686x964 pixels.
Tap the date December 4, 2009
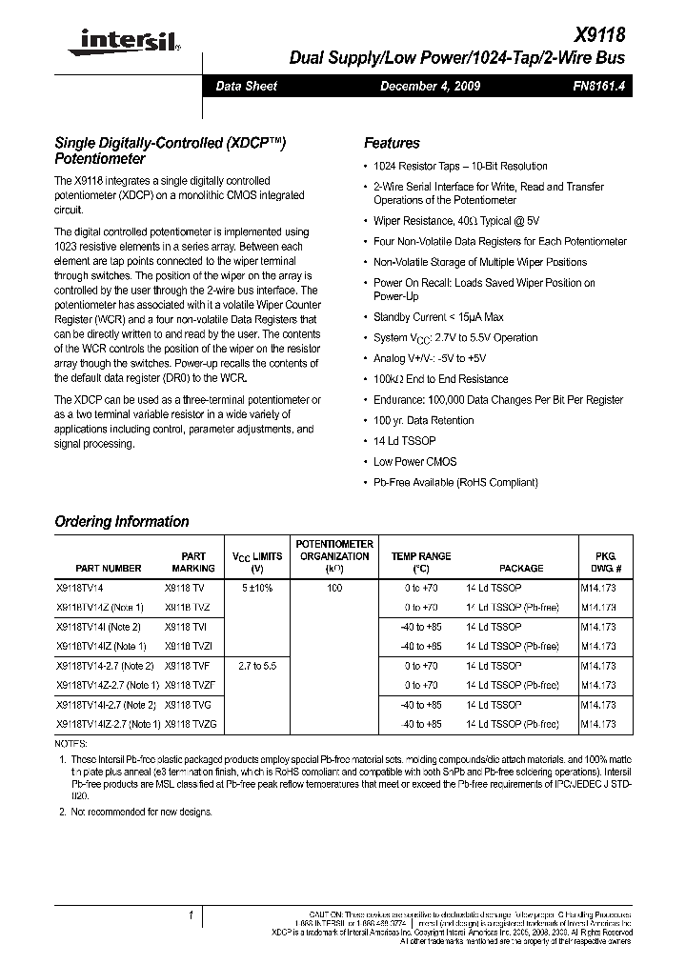(430, 87)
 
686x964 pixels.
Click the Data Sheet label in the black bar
(246, 87)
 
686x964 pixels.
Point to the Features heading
(392, 143)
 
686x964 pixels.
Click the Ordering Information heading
(121, 521)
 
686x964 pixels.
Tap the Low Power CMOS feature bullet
(414, 462)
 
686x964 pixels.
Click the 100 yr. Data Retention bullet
(423, 420)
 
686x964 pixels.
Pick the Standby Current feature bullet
(438, 317)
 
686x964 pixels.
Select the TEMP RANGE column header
(421, 562)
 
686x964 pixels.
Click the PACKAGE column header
(521, 568)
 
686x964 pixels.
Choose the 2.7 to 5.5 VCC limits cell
(257, 666)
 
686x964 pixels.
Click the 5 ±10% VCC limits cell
(257, 589)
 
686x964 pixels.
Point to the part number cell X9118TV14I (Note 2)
(98, 627)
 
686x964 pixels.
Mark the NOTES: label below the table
(71, 742)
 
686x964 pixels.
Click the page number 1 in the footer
(192, 916)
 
